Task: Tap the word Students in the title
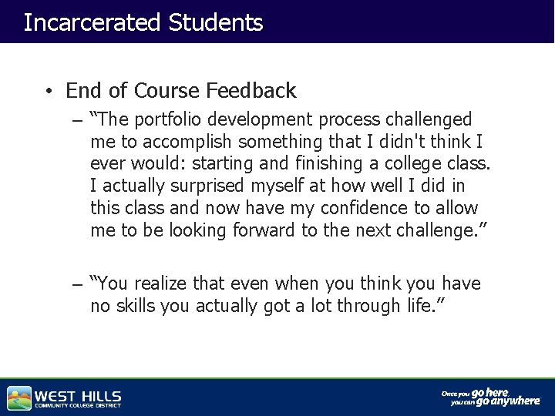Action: [215, 22]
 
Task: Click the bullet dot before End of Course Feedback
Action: [48, 92]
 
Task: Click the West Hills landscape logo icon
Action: [19, 398]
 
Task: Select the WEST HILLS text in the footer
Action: [78, 395]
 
